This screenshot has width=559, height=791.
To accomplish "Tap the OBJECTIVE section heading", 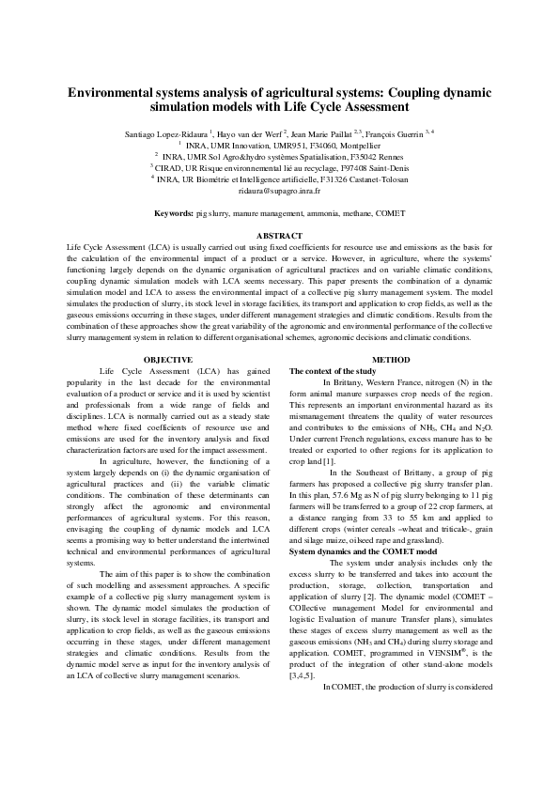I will [x=168, y=360].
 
